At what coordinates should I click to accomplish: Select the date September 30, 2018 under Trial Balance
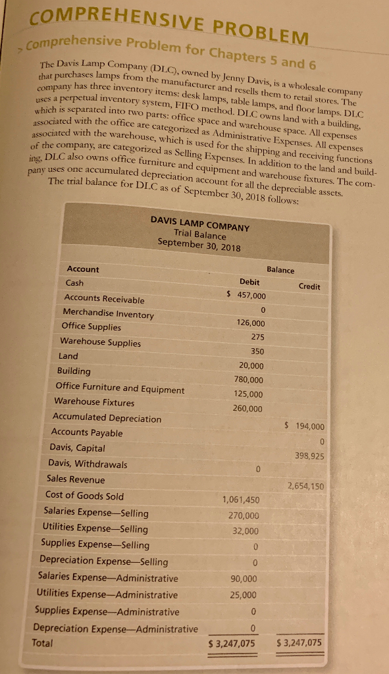click(199, 246)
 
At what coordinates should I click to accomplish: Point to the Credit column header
click(309, 286)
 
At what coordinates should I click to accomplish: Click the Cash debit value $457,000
click(246, 294)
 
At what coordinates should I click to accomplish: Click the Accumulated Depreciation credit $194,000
click(303, 426)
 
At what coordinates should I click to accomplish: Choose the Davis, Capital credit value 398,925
click(307, 456)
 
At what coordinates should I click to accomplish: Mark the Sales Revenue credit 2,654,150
click(306, 486)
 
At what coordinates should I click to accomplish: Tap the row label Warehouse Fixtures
click(94, 402)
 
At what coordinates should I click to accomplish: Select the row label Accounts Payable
click(87, 432)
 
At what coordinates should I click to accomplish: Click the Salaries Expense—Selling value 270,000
click(243, 515)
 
